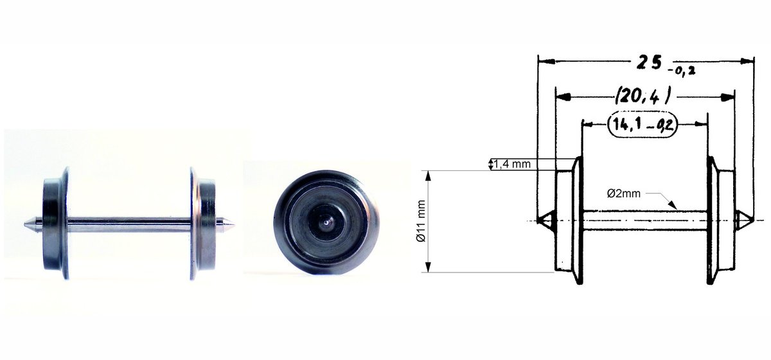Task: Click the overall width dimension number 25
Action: tap(648, 63)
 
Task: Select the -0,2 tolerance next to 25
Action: tap(681, 71)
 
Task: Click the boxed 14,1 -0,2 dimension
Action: tap(642, 125)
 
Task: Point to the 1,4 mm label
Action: tap(512, 164)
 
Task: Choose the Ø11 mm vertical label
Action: tap(421, 221)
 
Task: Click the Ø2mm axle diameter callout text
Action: tap(624, 194)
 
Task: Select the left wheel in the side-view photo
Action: tap(56, 223)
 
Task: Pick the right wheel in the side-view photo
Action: tap(203, 223)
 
